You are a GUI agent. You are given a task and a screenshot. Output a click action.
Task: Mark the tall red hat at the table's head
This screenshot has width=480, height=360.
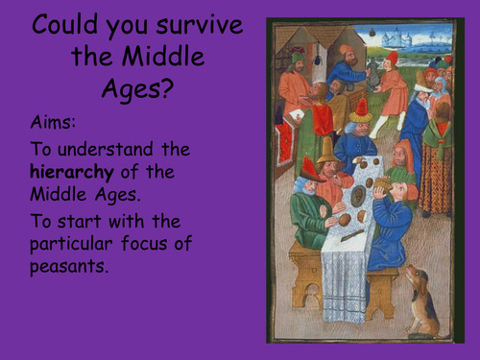coord(361,108)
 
